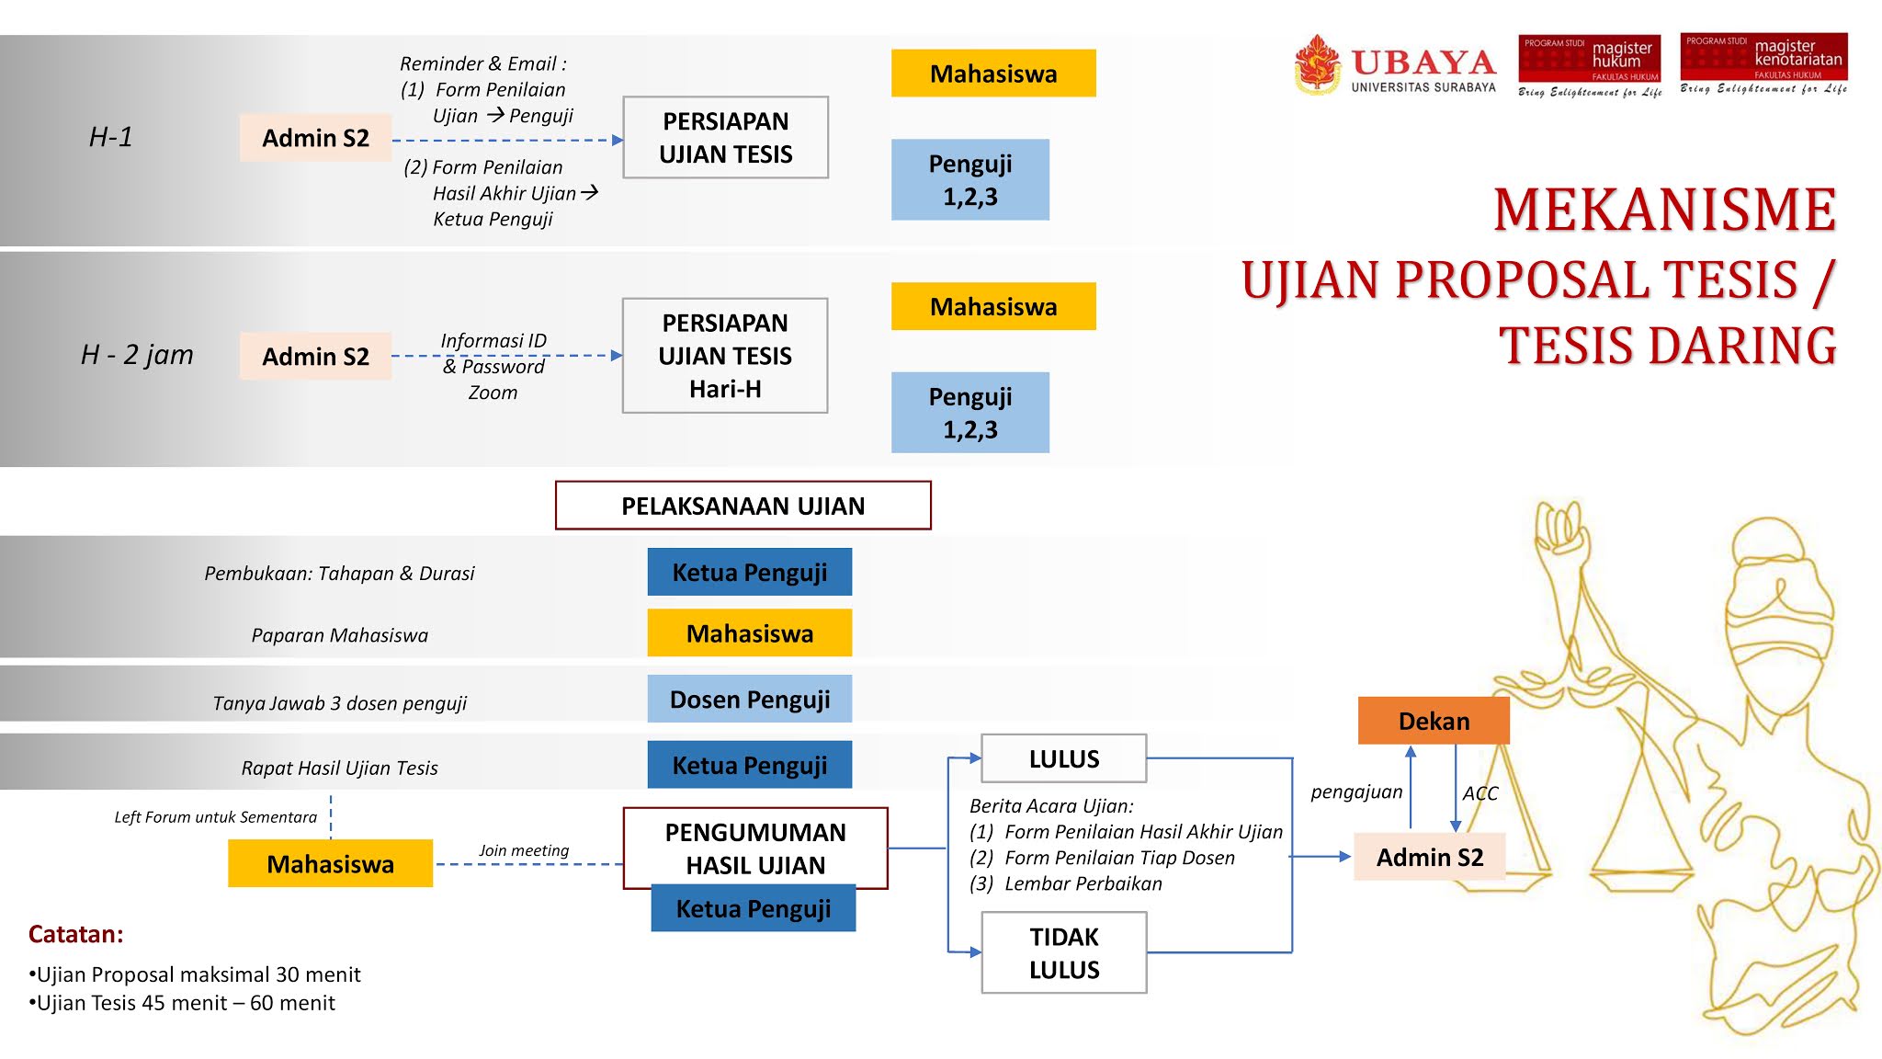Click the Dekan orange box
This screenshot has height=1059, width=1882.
[1433, 721]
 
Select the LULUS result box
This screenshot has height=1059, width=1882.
[1063, 758]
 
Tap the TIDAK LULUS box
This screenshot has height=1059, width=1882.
[1063, 952]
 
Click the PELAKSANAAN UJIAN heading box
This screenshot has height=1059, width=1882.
[743, 506]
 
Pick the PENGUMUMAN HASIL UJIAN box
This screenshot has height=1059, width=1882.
[755, 847]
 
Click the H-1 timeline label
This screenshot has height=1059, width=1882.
[111, 137]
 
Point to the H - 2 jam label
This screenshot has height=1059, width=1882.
[137, 355]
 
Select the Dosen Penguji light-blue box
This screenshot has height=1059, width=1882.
[749, 700]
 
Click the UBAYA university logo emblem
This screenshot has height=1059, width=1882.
[1318, 63]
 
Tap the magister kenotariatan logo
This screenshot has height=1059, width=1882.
[1763, 63]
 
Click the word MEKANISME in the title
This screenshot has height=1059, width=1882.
[1664, 210]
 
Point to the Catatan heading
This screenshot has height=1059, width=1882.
[76, 934]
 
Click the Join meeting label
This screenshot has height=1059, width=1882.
[524, 850]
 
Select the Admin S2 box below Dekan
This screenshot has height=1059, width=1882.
[1429, 857]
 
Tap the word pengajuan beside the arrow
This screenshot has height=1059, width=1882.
[1356, 791]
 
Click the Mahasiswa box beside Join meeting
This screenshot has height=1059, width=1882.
[330, 863]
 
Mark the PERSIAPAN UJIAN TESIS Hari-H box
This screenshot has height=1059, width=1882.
[725, 356]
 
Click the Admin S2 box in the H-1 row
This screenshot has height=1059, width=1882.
[315, 138]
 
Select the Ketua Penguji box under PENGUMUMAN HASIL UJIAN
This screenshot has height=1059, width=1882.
[753, 908]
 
